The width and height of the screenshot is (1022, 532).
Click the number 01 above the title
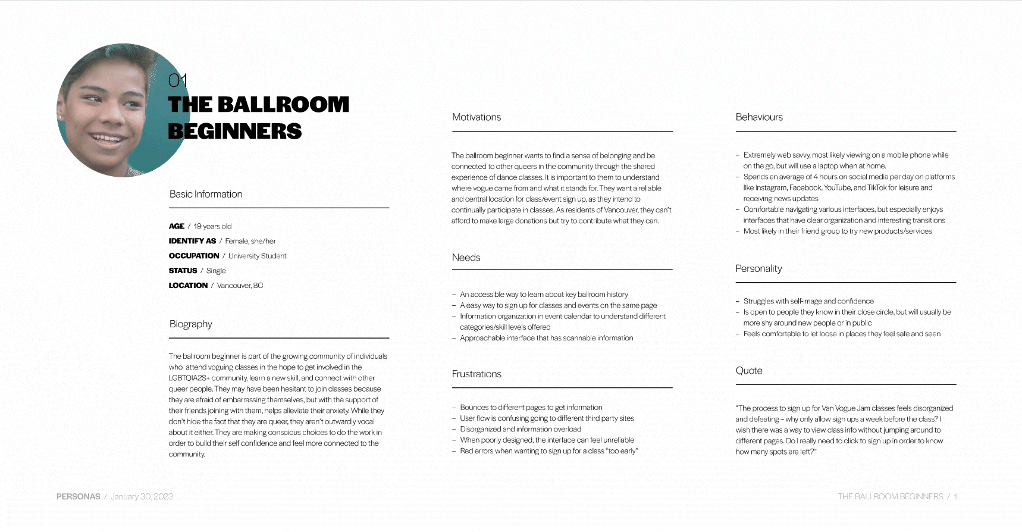click(178, 80)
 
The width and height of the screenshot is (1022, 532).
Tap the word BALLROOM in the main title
click(283, 105)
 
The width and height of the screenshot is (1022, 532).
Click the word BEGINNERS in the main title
click(235, 132)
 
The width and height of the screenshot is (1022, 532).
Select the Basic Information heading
click(206, 194)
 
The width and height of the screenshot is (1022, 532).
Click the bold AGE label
click(177, 226)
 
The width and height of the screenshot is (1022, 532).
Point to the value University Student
click(257, 256)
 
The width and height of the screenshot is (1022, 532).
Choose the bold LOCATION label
click(188, 286)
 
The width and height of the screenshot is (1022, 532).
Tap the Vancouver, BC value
click(240, 286)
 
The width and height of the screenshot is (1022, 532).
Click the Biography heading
click(190, 324)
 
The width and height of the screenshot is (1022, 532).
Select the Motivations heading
click(476, 117)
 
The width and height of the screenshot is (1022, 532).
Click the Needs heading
click(466, 258)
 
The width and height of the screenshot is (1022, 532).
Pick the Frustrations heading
click(476, 374)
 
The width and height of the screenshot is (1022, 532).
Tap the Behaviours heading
click(759, 117)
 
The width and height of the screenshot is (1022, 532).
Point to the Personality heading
click(758, 268)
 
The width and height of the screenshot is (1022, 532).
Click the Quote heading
click(749, 371)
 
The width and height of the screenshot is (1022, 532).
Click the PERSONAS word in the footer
click(79, 496)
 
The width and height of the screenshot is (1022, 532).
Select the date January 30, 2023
click(142, 496)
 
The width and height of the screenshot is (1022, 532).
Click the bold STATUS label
click(183, 271)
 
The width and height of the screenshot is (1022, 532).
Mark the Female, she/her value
click(250, 241)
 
